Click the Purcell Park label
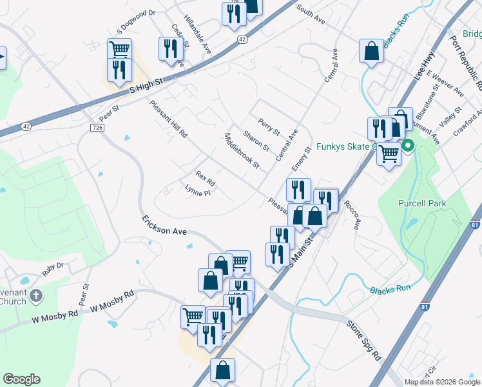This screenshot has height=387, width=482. [x=422, y=204]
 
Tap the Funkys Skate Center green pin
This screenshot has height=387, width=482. [x=408, y=146]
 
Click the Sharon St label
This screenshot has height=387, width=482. [x=256, y=141]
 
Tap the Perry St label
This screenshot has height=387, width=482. [x=269, y=126]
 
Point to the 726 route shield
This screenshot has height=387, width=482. [x=97, y=128]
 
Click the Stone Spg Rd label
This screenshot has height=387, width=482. [x=364, y=340]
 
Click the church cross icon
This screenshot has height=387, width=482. [x=37, y=296]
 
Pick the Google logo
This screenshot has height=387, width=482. [x=21, y=379]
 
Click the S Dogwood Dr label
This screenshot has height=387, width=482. [x=137, y=21]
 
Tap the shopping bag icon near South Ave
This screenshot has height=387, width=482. [x=372, y=52]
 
